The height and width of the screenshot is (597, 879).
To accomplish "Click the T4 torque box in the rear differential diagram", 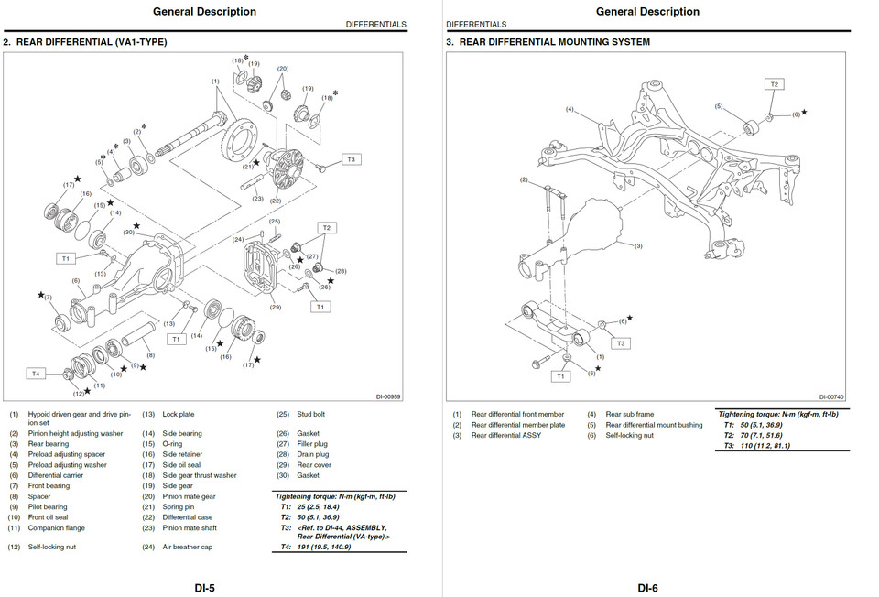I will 36,374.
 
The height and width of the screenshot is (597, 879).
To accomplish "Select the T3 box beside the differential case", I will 351,159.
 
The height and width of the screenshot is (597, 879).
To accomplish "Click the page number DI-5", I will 205,587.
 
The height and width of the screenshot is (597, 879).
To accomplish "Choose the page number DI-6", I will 648,587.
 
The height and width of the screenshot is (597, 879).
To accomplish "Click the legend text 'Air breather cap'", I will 189,547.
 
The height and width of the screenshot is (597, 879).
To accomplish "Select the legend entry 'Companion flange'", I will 56,528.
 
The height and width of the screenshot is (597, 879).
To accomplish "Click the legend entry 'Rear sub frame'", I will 630,414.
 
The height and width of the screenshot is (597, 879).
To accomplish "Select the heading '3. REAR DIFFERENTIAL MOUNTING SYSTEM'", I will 548,42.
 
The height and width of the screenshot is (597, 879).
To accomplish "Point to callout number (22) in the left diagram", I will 276,200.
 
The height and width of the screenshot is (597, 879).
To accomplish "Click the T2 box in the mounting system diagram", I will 774,84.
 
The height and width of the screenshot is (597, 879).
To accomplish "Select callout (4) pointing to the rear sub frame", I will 569,110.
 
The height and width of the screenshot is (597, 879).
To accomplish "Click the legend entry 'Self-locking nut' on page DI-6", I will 632,435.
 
